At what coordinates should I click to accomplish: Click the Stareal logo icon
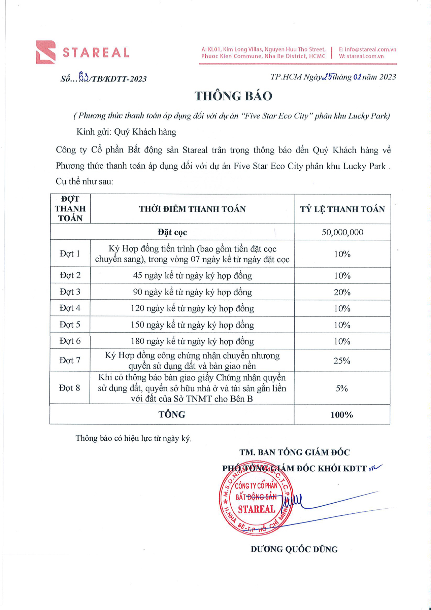pyautogui.click(x=46, y=52)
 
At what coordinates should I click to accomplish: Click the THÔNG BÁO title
pyautogui.click(x=233, y=96)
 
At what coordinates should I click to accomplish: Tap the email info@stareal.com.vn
pyautogui.click(x=367, y=49)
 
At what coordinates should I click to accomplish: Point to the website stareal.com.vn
pyautogui.click(x=361, y=56)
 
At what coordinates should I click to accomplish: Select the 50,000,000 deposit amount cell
pyautogui.click(x=342, y=232)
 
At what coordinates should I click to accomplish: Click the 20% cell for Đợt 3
pyautogui.click(x=342, y=292)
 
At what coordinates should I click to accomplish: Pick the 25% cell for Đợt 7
pyautogui.click(x=342, y=361)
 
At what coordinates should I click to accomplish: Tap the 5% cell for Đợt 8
pyautogui.click(x=342, y=388)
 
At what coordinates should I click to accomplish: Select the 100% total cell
pyautogui.click(x=342, y=415)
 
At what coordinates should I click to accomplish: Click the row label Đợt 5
pyautogui.click(x=70, y=325)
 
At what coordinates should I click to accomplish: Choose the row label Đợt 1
pyautogui.click(x=70, y=254)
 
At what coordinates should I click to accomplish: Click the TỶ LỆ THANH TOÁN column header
pyautogui.click(x=342, y=209)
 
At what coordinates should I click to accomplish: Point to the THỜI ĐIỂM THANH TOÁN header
pyautogui.click(x=192, y=209)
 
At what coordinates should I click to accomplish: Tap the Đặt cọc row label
pyautogui.click(x=172, y=232)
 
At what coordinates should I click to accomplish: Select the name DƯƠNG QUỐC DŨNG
pyautogui.click(x=294, y=549)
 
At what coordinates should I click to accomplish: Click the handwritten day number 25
pyautogui.click(x=327, y=77)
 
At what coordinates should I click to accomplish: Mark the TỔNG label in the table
pyautogui.click(x=172, y=415)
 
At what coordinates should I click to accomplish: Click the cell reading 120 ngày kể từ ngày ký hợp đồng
pyautogui.click(x=192, y=308)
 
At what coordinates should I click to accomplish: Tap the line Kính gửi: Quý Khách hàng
pyautogui.click(x=126, y=132)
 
